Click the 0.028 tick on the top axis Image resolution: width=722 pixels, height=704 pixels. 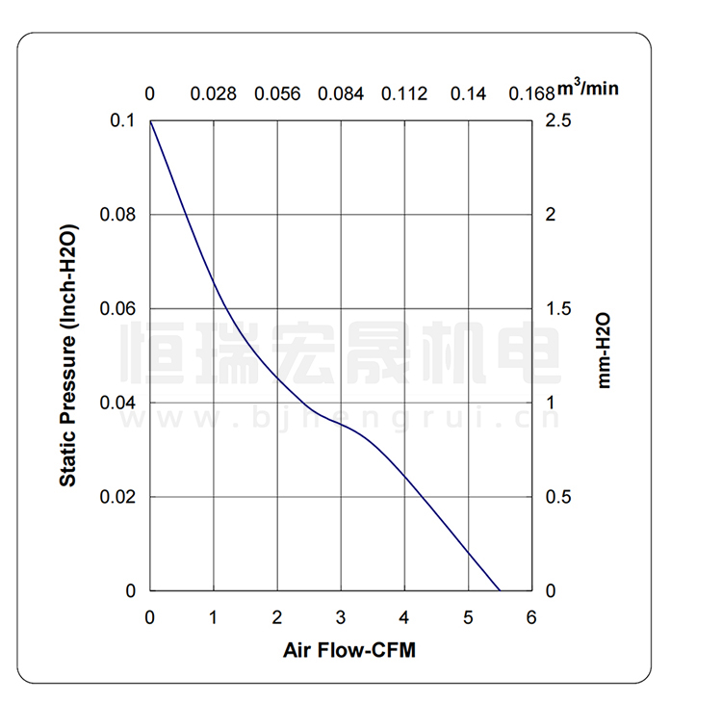pos(213,93)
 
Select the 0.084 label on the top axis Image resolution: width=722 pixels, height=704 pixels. pos(341,93)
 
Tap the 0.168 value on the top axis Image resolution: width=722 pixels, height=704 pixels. pos(532,93)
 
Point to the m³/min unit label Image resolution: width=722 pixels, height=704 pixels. pos(588,90)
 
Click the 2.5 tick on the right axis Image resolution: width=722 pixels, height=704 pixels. pos(558,120)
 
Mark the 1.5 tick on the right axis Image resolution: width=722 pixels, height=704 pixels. pos(558,308)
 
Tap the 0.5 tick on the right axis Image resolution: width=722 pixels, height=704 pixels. pos(558,497)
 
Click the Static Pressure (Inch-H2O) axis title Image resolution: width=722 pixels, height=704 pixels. pos(68,355)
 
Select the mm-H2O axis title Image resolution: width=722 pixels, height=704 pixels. pos(605,349)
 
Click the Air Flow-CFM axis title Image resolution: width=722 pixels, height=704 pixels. pos(349,650)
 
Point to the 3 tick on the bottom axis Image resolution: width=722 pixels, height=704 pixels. pos(341,617)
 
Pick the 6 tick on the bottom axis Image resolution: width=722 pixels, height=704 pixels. pos(531,617)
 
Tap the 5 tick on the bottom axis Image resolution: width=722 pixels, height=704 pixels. pos(468,617)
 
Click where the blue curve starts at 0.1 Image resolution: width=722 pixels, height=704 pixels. pos(151,121)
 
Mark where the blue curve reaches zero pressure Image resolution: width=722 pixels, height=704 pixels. pos(500,590)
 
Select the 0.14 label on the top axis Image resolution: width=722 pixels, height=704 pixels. pos(469,93)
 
